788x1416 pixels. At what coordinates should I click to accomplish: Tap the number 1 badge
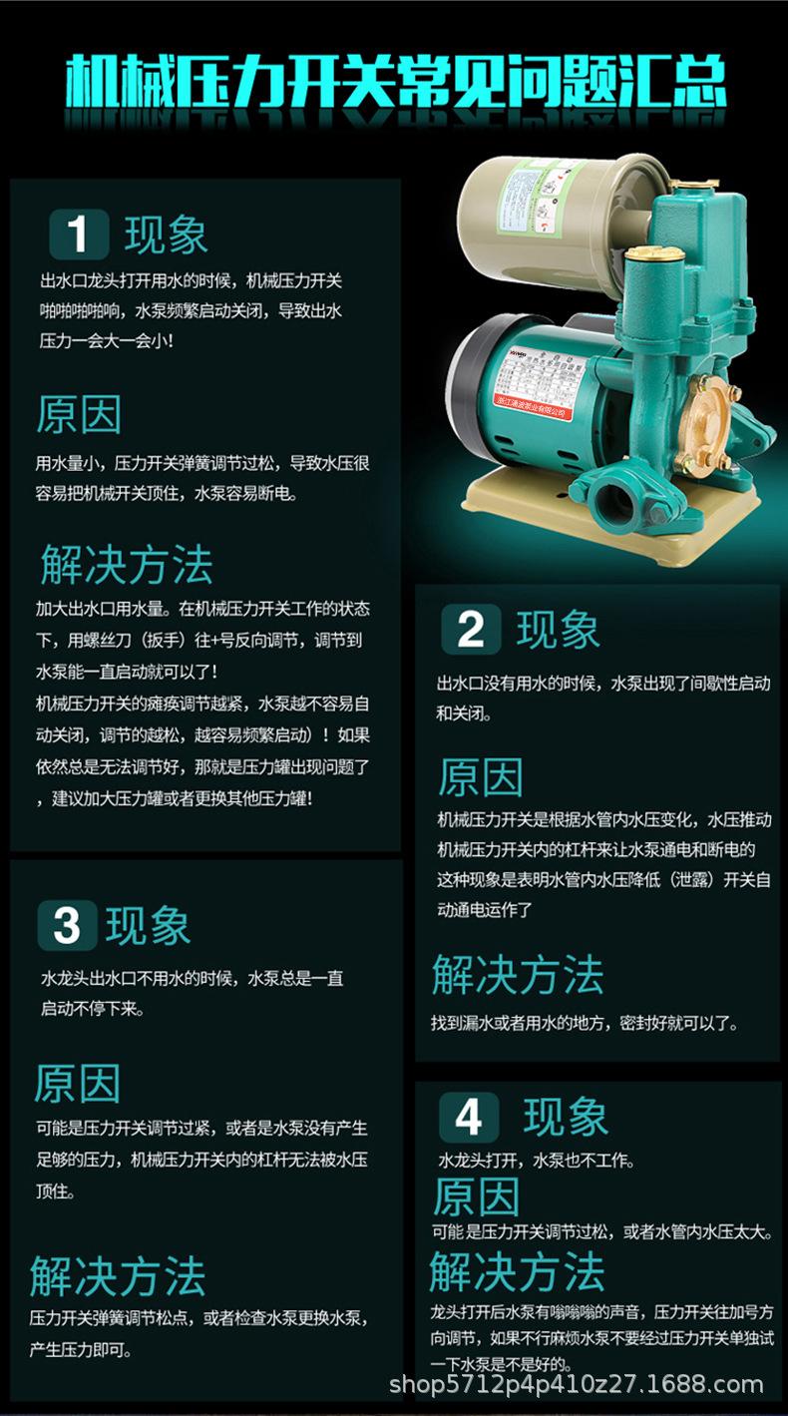pyautogui.click(x=77, y=236)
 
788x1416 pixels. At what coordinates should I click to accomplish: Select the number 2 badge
pyautogui.click(x=470, y=630)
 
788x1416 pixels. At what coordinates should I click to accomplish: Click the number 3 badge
pyautogui.click(x=67, y=925)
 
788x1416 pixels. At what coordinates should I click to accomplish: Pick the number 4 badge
pyautogui.click(x=468, y=1117)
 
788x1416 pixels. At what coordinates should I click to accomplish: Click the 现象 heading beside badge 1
pyautogui.click(x=167, y=236)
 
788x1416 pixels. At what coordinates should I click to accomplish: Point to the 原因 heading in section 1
pyautogui.click(x=79, y=414)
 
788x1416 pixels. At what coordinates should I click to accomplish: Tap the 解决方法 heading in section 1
pyautogui.click(x=127, y=564)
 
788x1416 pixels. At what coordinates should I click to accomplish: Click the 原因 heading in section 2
pyautogui.click(x=480, y=777)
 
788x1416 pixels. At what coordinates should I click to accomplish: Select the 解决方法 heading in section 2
pyautogui.click(x=518, y=975)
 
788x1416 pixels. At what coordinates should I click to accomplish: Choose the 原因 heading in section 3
pyautogui.click(x=77, y=1084)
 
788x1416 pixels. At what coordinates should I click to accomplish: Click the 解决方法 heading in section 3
pyautogui.click(x=118, y=1276)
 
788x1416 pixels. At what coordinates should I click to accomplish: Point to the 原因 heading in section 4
pyautogui.click(x=476, y=1196)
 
